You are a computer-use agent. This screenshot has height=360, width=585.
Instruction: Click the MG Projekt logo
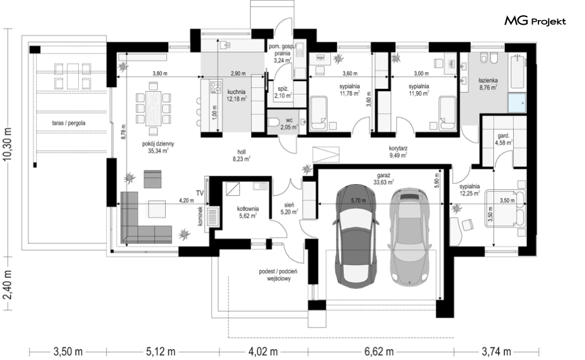tap(535, 21)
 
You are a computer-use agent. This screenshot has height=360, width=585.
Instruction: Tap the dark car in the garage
tap(356, 235)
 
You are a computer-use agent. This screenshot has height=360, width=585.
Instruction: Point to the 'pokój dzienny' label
tap(158, 144)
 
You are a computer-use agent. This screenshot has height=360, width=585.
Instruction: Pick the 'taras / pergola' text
tap(69, 123)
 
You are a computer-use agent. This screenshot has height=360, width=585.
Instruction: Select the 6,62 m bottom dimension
tap(378, 351)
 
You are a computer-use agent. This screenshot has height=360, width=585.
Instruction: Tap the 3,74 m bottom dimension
tap(496, 351)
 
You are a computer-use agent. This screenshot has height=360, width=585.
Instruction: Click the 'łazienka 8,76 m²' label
tap(488, 84)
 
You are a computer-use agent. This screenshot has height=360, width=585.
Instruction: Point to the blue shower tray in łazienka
tap(517, 103)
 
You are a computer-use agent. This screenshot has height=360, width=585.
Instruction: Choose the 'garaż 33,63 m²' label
tap(384, 179)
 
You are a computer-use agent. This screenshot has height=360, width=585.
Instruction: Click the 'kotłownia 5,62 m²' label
tap(248, 212)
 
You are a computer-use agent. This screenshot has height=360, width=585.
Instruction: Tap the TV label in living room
tap(200, 193)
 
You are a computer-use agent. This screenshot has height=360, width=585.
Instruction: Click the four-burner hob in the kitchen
tap(215, 87)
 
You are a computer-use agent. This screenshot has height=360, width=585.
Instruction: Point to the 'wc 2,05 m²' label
tap(289, 124)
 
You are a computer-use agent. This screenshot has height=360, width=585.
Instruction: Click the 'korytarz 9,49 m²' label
tap(397, 152)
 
